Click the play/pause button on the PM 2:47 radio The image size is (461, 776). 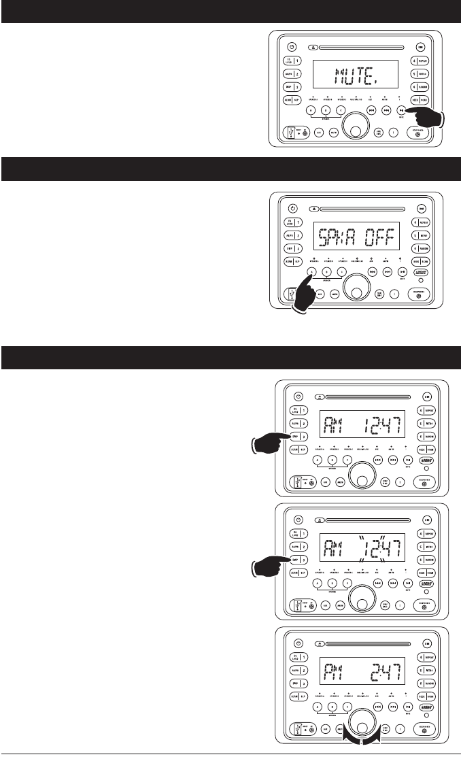coord(407,706)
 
